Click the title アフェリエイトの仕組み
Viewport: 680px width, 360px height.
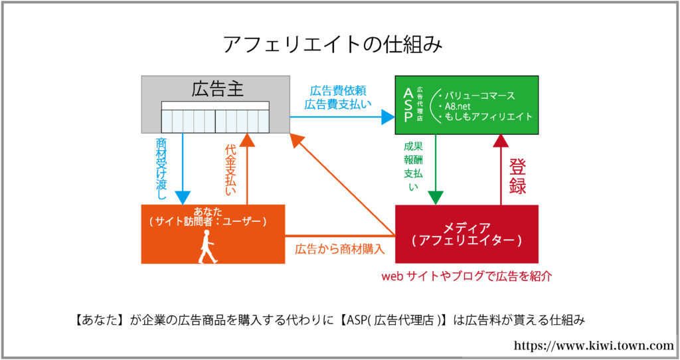coord(333,45)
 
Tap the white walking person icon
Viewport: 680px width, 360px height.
coord(207,246)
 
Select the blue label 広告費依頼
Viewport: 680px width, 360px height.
coord(338,91)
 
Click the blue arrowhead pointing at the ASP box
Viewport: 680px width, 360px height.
coord(388,117)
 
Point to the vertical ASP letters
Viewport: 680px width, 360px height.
coord(408,106)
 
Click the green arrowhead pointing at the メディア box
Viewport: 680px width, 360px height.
coord(436,197)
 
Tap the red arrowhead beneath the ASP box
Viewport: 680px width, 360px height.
coord(501,141)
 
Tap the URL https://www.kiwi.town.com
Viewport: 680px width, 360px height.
coord(593,345)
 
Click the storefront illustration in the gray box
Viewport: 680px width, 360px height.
coord(216,117)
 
